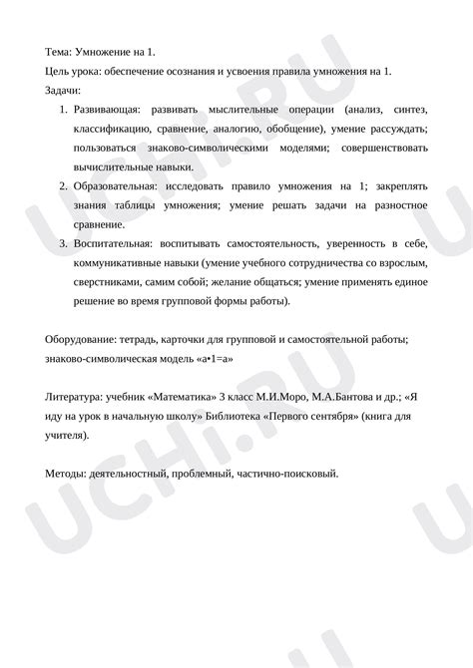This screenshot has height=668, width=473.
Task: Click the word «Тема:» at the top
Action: [x=62, y=49]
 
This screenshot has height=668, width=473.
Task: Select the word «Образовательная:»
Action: [x=114, y=186]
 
